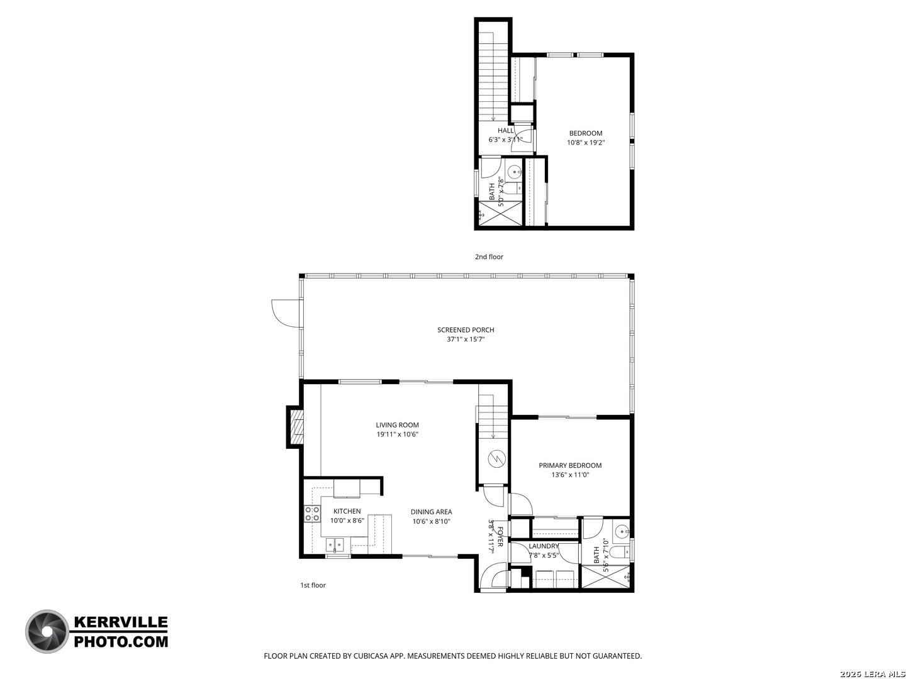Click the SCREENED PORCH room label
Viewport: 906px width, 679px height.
pyautogui.click(x=465, y=330)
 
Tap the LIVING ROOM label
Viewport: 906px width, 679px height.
pyautogui.click(x=397, y=424)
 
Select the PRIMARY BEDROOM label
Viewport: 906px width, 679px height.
pyautogui.click(x=569, y=465)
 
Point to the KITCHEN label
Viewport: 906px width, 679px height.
pyautogui.click(x=347, y=511)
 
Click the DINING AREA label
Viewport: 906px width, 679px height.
pyautogui.click(x=431, y=512)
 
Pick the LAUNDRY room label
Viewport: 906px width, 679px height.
pyautogui.click(x=543, y=546)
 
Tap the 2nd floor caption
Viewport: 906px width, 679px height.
pyautogui.click(x=489, y=257)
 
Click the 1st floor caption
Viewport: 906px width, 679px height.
pyautogui.click(x=313, y=585)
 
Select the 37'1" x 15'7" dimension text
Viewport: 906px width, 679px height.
pyautogui.click(x=466, y=339)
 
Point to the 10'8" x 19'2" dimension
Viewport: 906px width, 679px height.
pyautogui.click(x=585, y=143)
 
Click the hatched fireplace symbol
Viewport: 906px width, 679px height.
pyautogui.click(x=296, y=427)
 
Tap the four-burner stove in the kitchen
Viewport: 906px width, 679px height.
pyautogui.click(x=312, y=514)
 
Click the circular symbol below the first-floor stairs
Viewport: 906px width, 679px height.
pyautogui.click(x=496, y=458)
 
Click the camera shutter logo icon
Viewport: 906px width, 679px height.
pyautogui.click(x=47, y=632)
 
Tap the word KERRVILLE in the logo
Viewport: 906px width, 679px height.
pyautogui.click(x=121, y=622)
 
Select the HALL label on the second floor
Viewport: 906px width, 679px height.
pyautogui.click(x=505, y=131)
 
